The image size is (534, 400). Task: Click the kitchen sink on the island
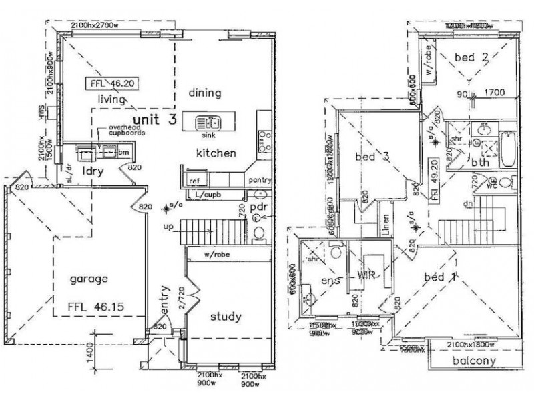[x=210, y=123]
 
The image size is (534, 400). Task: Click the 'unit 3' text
[x=154, y=119]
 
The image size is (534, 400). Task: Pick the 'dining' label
[x=204, y=93]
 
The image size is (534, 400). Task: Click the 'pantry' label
[x=258, y=180]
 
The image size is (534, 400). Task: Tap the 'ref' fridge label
[x=194, y=181]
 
